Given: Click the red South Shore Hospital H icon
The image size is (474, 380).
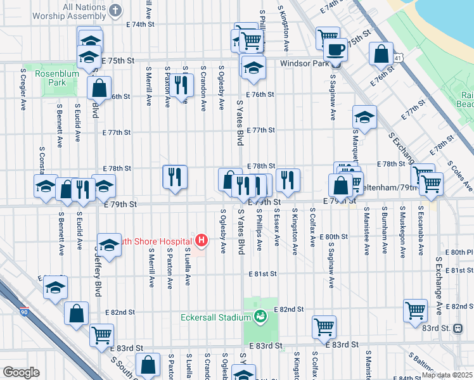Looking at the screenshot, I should (x=202, y=240).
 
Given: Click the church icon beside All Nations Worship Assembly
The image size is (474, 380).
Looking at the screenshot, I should (x=115, y=10).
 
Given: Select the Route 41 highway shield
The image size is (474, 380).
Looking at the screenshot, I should (x=397, y=57).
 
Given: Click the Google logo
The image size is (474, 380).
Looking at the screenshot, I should (x=21, y=372).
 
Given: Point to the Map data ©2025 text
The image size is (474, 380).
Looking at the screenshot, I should (x=446, y=375).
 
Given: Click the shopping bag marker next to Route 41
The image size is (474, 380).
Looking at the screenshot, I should (x=381, y=54).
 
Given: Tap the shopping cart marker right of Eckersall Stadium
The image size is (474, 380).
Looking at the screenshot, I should (x=324, y=327).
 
